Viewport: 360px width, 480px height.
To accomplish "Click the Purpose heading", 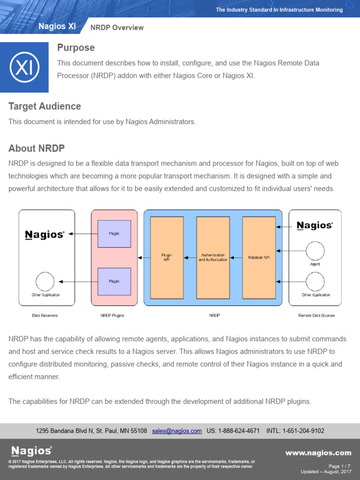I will tap(75, 48).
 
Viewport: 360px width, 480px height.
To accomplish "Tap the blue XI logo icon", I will tap(24, 67).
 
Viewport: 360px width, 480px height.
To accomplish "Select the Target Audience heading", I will tap(45, 106).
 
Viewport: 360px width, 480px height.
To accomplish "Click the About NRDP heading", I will tap(37, 149).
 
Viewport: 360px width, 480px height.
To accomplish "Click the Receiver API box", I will tap(259, 257).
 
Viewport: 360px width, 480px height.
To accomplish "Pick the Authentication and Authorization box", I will tap(213, 257).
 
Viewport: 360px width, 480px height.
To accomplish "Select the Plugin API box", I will tap(167, 257).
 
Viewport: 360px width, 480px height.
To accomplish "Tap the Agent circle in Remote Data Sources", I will tap(315, 251).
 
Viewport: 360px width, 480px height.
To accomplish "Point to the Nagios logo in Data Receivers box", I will tap(45, 234).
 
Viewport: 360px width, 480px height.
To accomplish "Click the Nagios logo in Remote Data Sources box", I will tap(315, 225).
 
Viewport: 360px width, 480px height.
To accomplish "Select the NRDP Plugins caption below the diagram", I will tap(112, 315).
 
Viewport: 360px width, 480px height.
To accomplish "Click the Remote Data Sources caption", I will tap(316, 315).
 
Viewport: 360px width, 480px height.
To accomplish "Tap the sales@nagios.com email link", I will tap(177, 431).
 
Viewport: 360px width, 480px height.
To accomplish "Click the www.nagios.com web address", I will tap(318, 453).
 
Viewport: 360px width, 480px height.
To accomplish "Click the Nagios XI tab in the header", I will tap(57, 27).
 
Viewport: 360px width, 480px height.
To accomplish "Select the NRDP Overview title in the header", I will tap(117, 28).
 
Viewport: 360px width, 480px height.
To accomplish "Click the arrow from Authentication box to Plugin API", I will tap(190, 257).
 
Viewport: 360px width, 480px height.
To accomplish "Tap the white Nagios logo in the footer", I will tap(31, 451).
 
